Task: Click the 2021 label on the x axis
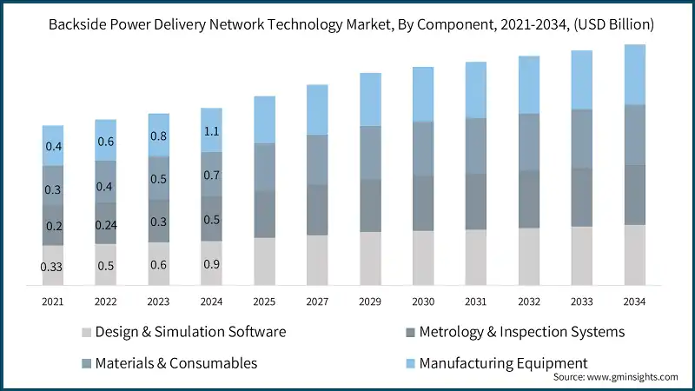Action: tap(53, 301)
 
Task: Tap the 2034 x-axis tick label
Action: tap(635, 301)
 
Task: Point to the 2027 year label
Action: tap(317, 301)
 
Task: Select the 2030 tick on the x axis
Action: tap(423, 301)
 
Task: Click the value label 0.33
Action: tap(53, 267)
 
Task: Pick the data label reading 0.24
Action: tap(106, 224)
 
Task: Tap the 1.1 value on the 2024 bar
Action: tap(211, 131)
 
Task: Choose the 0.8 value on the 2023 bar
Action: tap(158, 136)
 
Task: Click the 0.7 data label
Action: tap(211, 176)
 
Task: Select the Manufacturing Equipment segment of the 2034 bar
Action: tap(635, 75)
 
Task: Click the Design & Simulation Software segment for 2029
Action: tap(370, 258)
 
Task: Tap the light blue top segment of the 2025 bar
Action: tap(264, 120)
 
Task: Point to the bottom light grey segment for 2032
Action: tap(529, 256)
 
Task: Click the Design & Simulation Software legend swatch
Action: tap(85, 332)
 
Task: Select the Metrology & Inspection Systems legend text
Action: tap(521, 332)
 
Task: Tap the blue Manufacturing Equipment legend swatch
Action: tap(408, 362)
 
